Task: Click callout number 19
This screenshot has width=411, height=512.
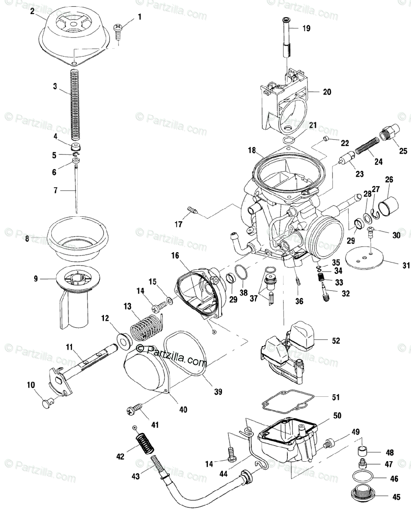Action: point(307,29)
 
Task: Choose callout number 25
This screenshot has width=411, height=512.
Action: point(403,150)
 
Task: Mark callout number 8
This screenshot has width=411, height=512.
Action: point(27,239)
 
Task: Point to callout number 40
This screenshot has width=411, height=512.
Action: point(182,409)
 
